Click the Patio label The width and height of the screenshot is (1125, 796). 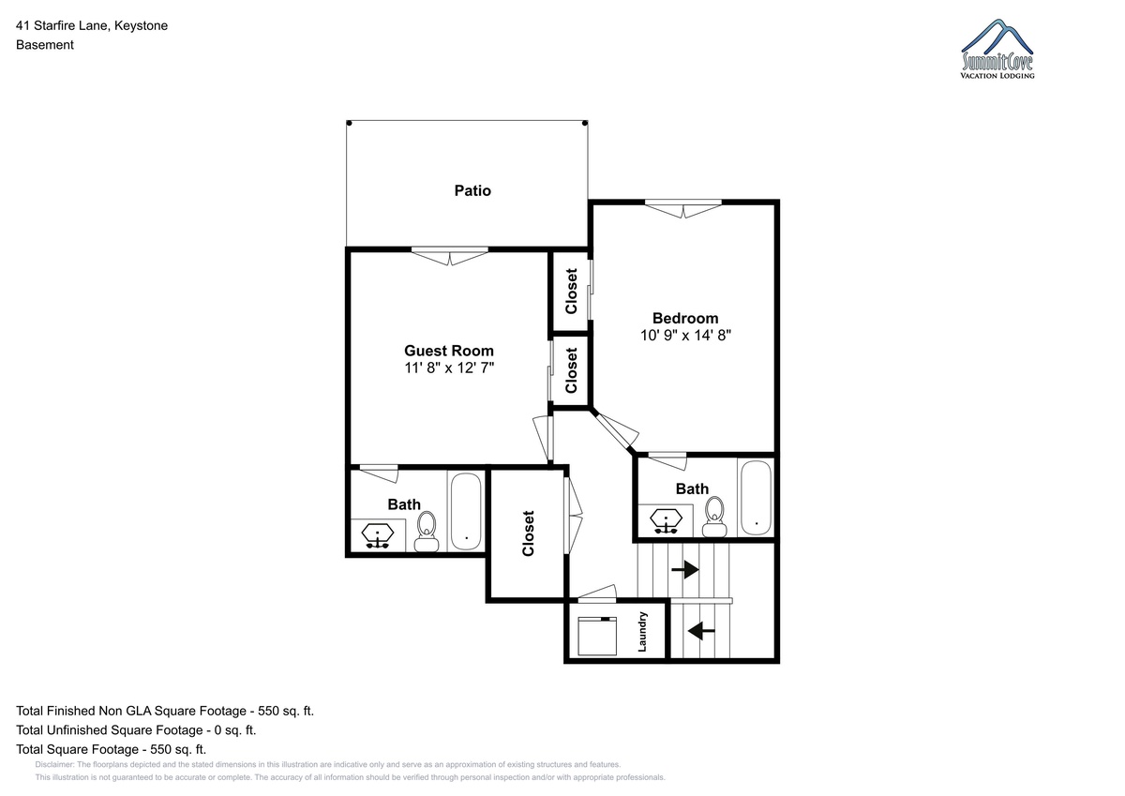click(x=472, y=191)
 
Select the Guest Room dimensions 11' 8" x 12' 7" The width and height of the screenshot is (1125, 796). click(x=449, y=368)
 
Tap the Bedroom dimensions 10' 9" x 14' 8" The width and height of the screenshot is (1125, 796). click(x=685, y=335)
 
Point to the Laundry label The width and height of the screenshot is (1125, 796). click(x=642, y=632)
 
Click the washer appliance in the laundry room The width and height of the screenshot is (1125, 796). click(x=597, y=636)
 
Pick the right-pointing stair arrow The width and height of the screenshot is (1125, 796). click(x=685, y=569)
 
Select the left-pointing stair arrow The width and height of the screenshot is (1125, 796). click(x=701, y=630)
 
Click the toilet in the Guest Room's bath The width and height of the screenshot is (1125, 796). click(x=427, y=532)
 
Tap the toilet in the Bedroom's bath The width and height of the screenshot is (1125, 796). click(x=714, y=517)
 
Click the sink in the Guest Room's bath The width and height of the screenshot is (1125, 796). click(x=377, y=536)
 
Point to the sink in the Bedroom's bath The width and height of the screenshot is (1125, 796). click(x=666, y=520)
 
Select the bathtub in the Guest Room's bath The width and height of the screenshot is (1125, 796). click(x=466, y=511)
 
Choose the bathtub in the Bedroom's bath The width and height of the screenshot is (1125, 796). click(x=756, y=497)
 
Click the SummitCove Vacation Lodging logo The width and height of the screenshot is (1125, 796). click(x=997, y=49)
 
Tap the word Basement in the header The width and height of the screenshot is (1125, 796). click(x=45, y=45)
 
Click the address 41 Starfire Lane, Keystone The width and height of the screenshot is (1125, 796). click(x=92, y=25)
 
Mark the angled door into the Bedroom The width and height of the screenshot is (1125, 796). click(x=615, y=431)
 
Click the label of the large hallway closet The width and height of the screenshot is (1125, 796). click(x=528, y=533)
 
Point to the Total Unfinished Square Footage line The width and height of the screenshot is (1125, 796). click(x=136, y=729)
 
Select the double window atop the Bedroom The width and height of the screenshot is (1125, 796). click(x=683, y=208)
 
